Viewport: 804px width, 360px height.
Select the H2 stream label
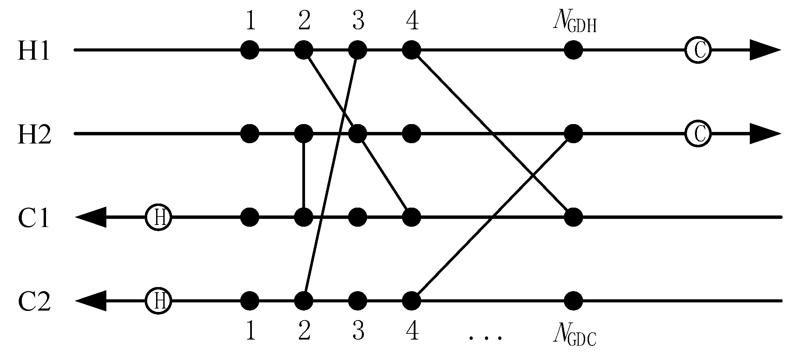tap(34, 134)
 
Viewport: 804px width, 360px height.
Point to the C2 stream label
tap(34, 301)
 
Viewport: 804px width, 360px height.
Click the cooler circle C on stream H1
tap(698, 50)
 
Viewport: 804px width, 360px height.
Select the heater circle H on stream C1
tap(158, 217)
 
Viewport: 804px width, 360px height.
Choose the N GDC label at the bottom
tap(574, 335)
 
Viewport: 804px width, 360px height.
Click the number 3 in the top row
tap(358, 21)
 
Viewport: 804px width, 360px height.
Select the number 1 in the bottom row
tap(250, 331)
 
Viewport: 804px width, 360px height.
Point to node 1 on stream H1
tap(250, 50)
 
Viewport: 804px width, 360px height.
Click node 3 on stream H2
tap(358, 134)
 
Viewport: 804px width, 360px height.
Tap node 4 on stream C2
tap(411, 301)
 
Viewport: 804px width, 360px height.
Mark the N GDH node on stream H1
tap(573, 50)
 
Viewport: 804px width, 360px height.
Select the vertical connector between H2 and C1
tap(303, 176)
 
